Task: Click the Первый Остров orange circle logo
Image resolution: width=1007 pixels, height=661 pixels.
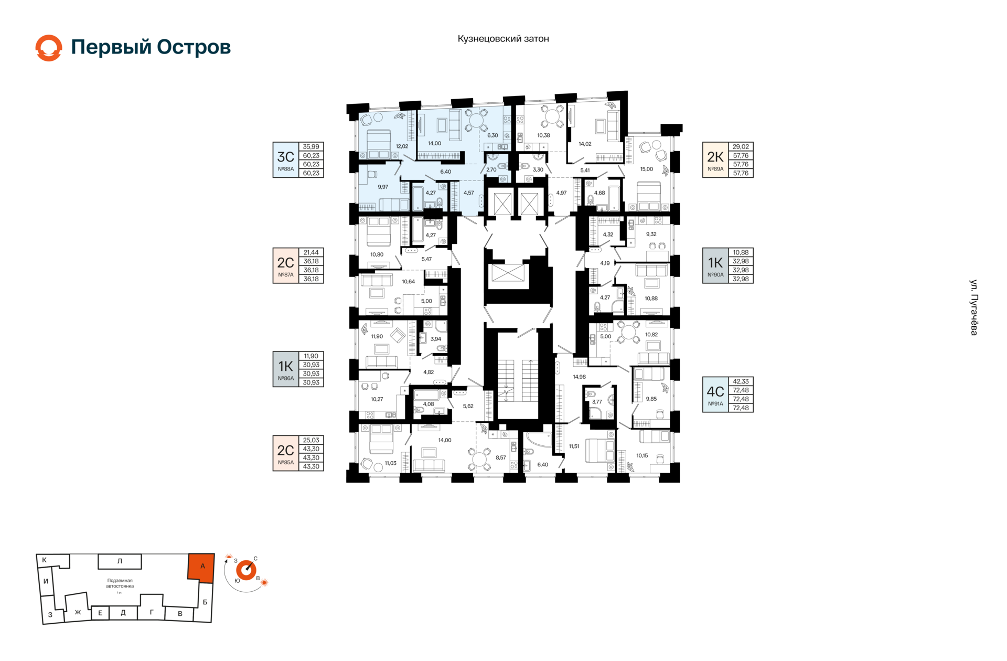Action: click(x=49, y=48)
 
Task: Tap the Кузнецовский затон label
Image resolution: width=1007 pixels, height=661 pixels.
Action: click(x=503, y=39)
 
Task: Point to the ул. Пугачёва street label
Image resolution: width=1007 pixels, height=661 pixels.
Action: click(x=973, y=307)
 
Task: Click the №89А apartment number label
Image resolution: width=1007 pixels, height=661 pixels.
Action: click(x=715, y=169)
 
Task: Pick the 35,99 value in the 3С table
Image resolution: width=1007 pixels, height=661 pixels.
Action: click(x=311, y=147)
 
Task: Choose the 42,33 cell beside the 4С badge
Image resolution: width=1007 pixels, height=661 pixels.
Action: click(x=741, y=381)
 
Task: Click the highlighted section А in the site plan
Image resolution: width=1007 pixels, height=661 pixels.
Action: click(x=201, y=568)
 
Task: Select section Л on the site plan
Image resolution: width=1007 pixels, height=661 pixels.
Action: click(x=120, y=561)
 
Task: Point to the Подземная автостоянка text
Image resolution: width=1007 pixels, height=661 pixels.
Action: click(x=120, y=583)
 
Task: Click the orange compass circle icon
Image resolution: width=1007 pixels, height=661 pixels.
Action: click(x=246, y=570)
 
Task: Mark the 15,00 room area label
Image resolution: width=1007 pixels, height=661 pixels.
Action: click(x=647, y=169)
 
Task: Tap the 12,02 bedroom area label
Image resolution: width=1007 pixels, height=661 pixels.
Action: click(x=402, y=146)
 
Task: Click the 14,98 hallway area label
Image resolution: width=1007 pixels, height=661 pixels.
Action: click(x=580, y=377)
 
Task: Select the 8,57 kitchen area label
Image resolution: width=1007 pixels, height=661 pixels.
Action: click(x=501, y=457)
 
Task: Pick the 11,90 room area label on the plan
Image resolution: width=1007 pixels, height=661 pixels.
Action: click(x=377, y=336)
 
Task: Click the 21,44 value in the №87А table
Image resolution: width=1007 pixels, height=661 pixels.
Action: click(x=311, y=252)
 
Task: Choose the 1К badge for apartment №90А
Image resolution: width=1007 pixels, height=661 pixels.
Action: click(x=715, y=262)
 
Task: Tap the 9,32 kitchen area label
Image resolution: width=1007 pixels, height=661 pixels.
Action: click(x=651, y=234)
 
